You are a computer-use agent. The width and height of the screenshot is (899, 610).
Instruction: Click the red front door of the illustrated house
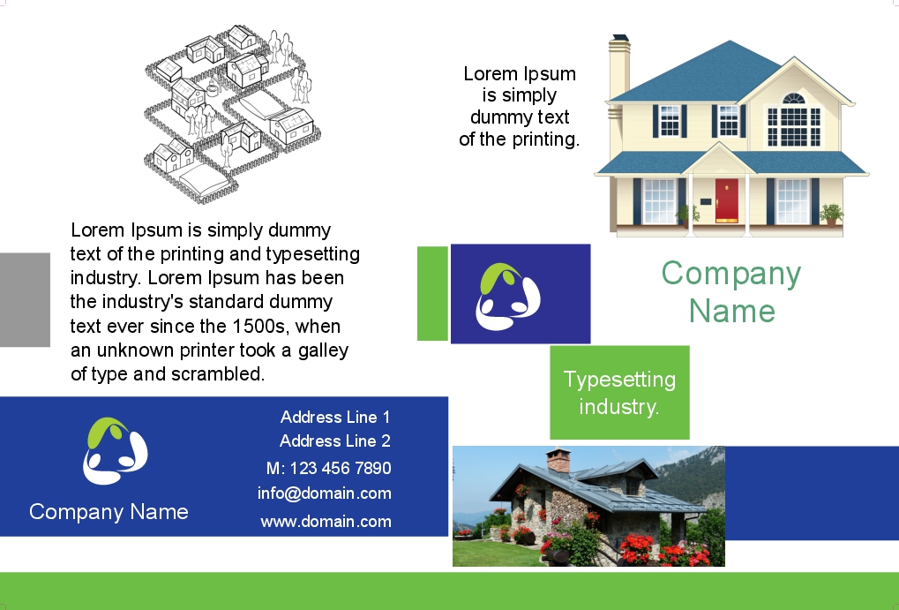[726, 200]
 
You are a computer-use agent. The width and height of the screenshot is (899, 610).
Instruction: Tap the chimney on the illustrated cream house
[620, 66]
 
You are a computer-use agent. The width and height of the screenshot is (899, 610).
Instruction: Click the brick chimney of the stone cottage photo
[558, 461]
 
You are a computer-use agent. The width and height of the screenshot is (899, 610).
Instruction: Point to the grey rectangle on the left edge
[25, 299]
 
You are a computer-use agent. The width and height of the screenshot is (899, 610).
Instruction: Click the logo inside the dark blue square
[508, 296]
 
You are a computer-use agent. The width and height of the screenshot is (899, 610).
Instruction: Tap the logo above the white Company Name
[116, 450]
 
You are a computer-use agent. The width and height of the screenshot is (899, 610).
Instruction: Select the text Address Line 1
[335, 418]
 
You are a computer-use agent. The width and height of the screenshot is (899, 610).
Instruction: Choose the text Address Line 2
[335, 441]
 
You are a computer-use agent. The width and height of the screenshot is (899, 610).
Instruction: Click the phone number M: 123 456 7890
[328, 468]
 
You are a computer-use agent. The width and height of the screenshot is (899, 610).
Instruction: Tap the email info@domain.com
[325, 493]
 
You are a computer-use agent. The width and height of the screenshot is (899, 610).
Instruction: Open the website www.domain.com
[326, 522]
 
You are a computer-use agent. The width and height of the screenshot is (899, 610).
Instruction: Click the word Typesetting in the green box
[620, 380]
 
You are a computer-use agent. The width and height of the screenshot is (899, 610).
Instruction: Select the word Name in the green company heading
[732, 311]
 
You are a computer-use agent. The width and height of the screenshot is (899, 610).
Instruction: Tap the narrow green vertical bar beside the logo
[432, 293]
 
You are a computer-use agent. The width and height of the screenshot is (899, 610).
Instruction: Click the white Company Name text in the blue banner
[109, 512]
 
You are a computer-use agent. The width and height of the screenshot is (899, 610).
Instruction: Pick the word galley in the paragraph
[324, 350]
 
